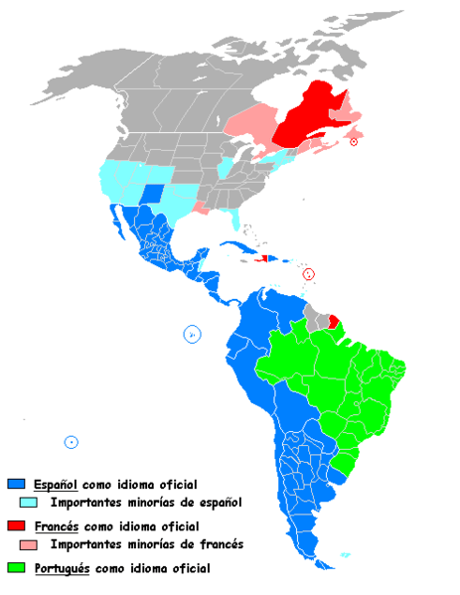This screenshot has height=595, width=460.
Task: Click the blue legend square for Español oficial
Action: [16, 485]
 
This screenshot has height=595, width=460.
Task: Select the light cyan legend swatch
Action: [16, 503]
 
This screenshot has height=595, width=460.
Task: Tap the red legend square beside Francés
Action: [16, 525]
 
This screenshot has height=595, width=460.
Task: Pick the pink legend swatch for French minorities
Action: [16, 544]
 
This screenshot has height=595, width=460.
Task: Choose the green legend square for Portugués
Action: [16, 568]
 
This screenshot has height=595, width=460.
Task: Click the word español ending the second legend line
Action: [220, 504]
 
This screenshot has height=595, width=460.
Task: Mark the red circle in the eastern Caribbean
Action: [309, 272]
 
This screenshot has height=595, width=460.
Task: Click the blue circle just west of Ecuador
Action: [192, 334]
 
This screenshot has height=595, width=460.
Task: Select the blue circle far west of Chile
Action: [71, 442]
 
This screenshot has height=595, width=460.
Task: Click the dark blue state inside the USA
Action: [153, 193]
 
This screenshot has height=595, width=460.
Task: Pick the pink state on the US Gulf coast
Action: [202, 208]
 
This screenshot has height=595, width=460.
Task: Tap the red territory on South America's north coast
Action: [334, 321]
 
